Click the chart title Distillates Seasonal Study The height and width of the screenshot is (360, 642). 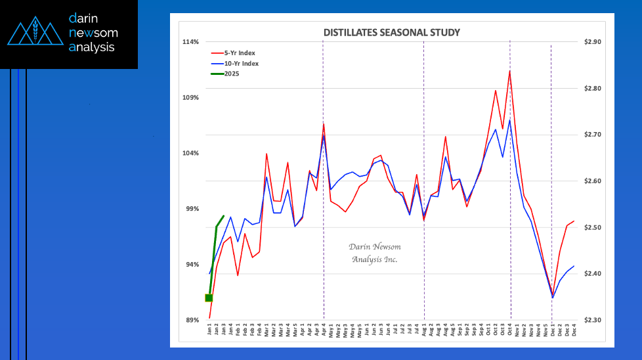392,32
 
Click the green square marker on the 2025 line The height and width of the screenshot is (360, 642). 209,298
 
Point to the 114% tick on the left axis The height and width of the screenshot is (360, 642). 190,42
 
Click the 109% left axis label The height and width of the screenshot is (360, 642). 190,98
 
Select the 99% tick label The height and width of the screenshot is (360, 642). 192,209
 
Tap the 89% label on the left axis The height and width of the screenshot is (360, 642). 192,320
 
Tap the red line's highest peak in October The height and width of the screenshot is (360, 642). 509,70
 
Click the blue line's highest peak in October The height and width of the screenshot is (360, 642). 509,120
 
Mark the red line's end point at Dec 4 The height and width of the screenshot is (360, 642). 574,221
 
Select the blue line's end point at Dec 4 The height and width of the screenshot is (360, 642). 574,266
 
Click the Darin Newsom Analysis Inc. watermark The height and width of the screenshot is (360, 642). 375,253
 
